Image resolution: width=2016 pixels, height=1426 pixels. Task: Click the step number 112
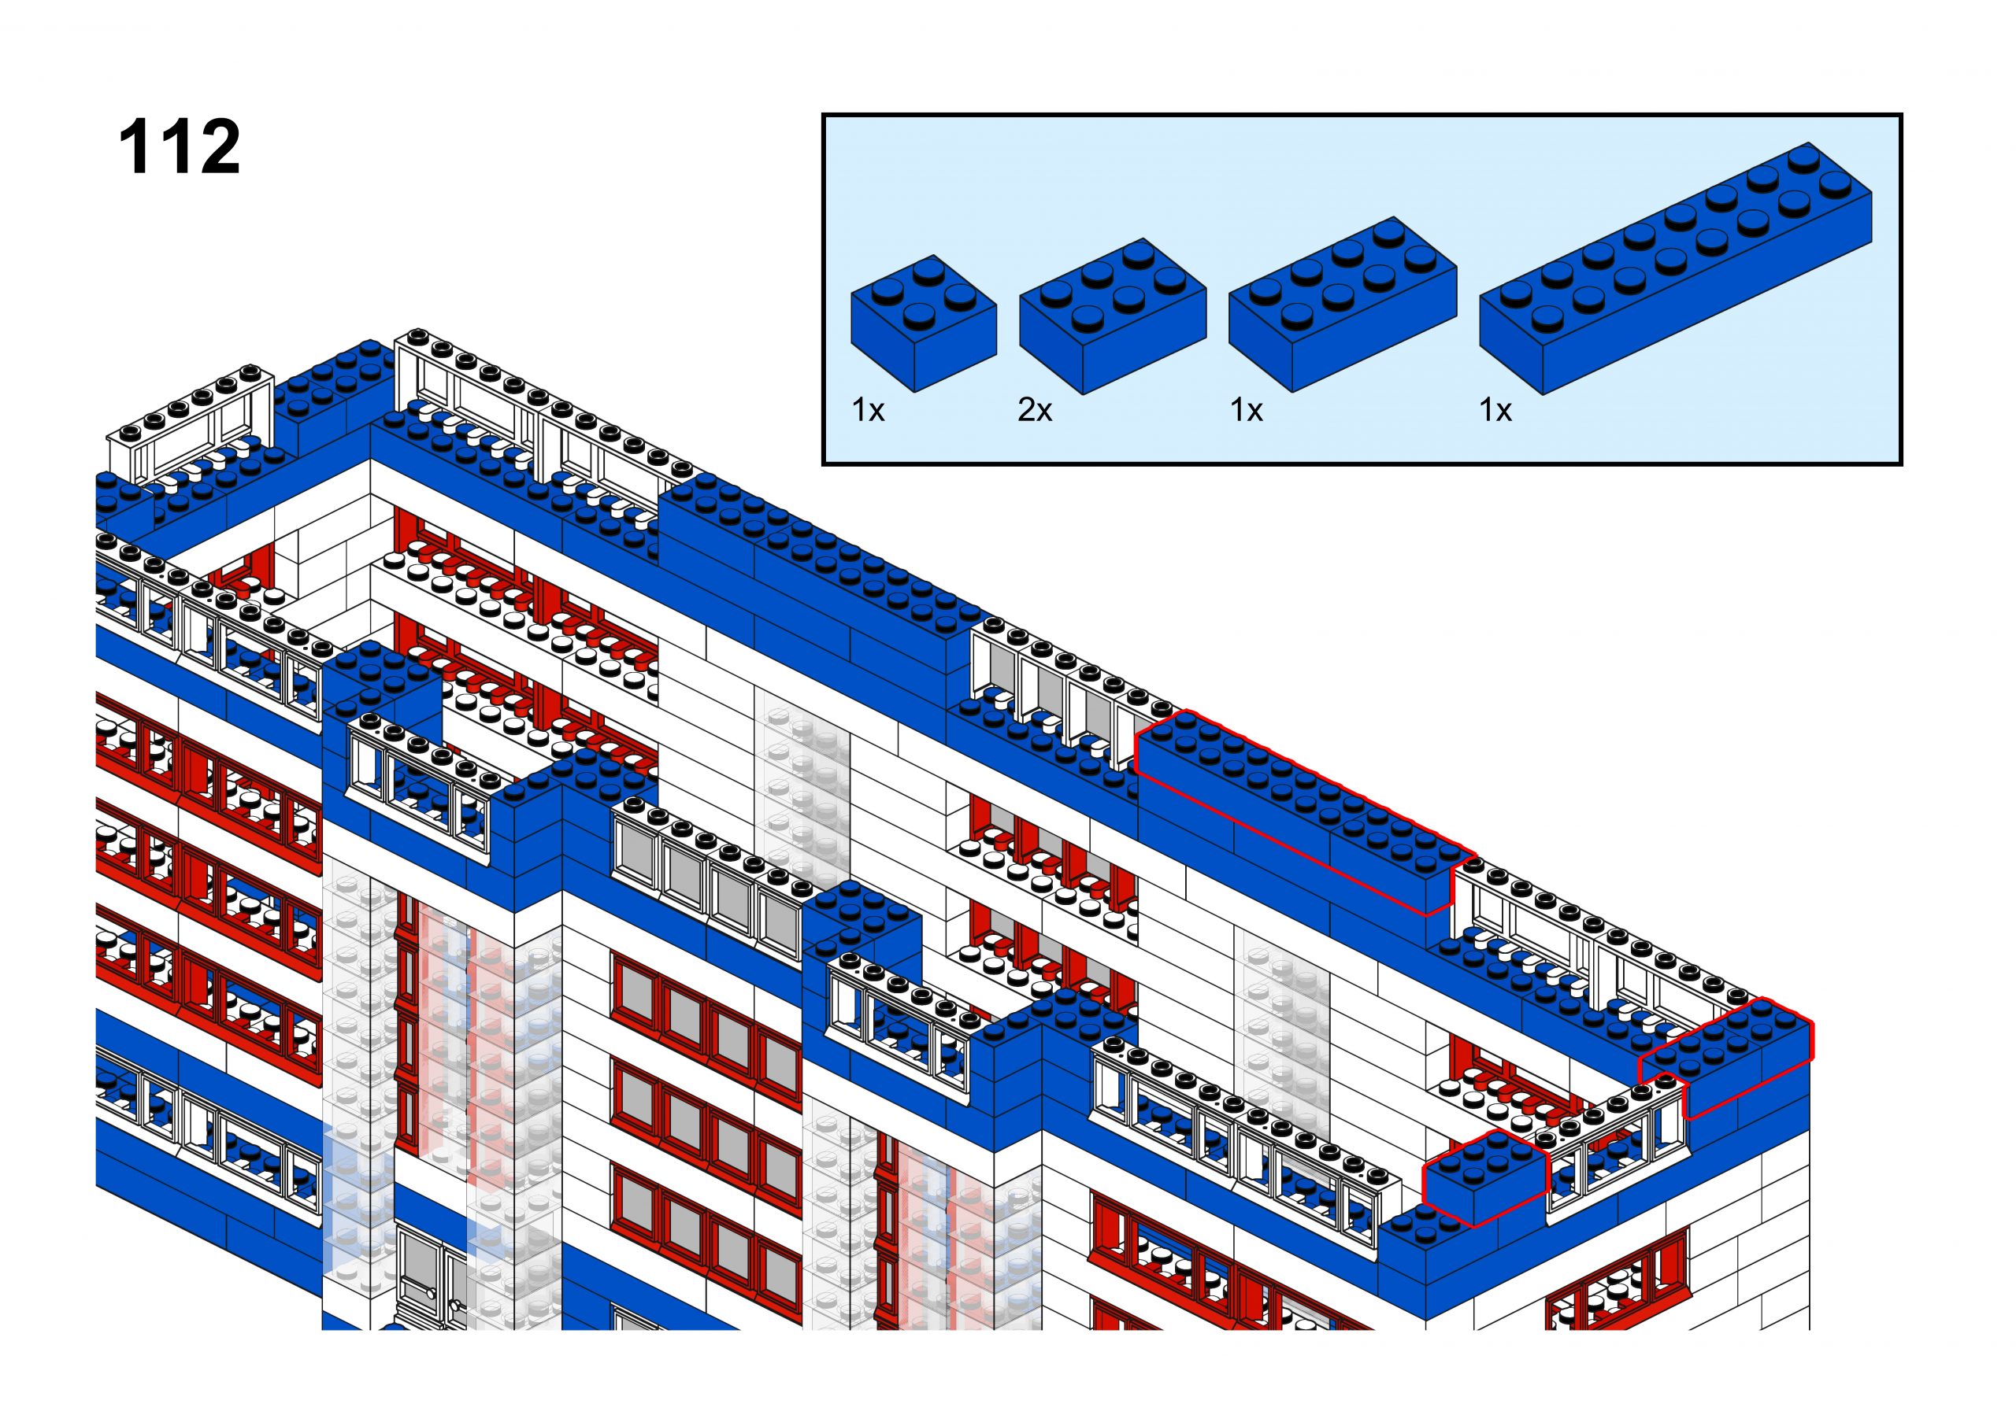[180, 146]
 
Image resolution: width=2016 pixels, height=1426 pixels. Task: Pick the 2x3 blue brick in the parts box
[1112, 316]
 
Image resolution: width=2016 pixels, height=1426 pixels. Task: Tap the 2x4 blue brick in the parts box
[1342, 303]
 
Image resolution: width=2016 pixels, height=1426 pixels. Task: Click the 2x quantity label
[1035, 410]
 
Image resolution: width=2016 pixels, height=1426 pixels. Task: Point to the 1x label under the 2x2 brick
[868, 410]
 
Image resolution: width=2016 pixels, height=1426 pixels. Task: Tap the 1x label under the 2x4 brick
[1246, 410]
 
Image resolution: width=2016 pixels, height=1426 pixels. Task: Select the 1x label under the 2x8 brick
[1495, 410]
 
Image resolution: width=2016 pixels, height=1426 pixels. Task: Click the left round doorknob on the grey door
[431, 1295]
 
